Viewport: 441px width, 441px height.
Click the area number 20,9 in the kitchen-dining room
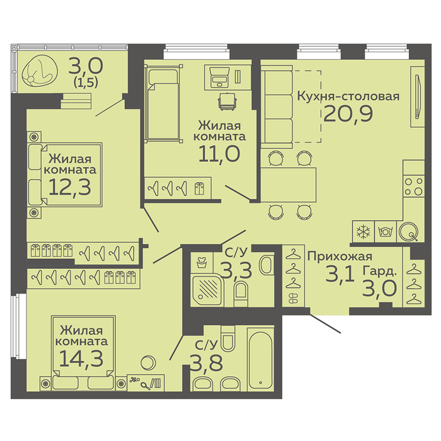pos(348,114)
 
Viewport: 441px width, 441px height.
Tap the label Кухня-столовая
pos(348,96)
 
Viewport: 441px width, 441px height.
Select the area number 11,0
pos(219,154)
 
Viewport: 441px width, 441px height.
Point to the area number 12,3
pos(70,187)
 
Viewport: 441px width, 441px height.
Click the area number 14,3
pos(81,358)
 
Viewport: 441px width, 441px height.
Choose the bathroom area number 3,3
pos(236,270)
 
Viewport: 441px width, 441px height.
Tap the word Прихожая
pos(340,257)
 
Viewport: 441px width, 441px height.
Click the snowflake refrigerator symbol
pos(364,232)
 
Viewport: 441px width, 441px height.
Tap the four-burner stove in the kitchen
pos(413,186)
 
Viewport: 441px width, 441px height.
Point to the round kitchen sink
pos(408,232)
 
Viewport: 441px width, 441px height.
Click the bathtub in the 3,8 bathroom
pos(260,358)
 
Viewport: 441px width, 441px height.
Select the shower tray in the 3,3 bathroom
pos(207,289)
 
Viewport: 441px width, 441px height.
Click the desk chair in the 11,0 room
pos(227,101)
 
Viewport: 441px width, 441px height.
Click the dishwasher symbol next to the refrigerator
pos(386,232)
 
